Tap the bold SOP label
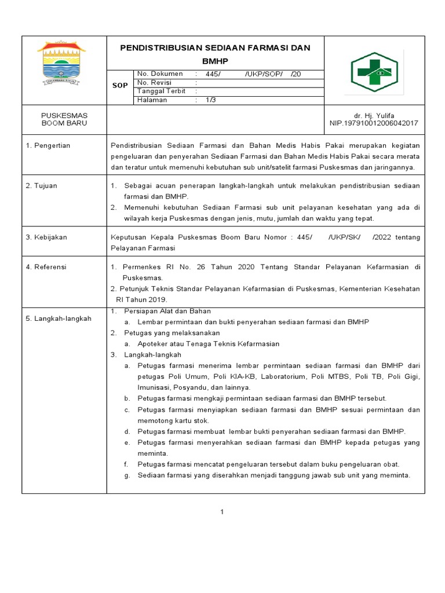pos(119,86)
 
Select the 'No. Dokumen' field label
pos(160,74)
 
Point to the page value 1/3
pos(210,100)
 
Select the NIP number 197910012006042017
pos(374,123)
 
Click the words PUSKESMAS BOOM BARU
pos(64,120)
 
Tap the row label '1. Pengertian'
pos(48,145)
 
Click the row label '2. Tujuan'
pos(42,186)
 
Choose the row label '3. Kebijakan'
pos(47,237)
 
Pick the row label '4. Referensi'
pos(46,267)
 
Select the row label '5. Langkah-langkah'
pos(59,319)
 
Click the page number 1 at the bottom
pos(222,511)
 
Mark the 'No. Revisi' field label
pos(155,82)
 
